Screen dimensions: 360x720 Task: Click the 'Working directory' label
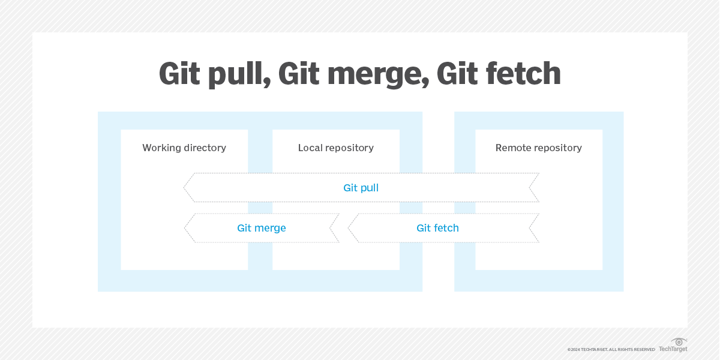click(184, 148)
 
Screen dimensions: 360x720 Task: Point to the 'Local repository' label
click(336, 148)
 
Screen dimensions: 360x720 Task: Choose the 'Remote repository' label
click(539, 148)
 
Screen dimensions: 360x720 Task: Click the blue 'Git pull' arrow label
click(361, 188)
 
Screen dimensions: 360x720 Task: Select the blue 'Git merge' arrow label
click(262, 228)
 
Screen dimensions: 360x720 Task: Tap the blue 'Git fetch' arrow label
click(438, 228)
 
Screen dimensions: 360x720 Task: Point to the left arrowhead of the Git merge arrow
click(187, 228)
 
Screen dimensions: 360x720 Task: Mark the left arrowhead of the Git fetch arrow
click(352, 228)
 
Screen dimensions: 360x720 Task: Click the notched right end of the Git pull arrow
click(533, 188)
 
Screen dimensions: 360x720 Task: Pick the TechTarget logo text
click(673, 349)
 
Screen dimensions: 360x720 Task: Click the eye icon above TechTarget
click(679, 341)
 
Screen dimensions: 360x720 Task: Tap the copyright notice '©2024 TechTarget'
click(611, 349)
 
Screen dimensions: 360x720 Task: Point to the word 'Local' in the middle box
click(311, 148)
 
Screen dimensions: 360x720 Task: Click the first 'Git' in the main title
click(180, 74)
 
